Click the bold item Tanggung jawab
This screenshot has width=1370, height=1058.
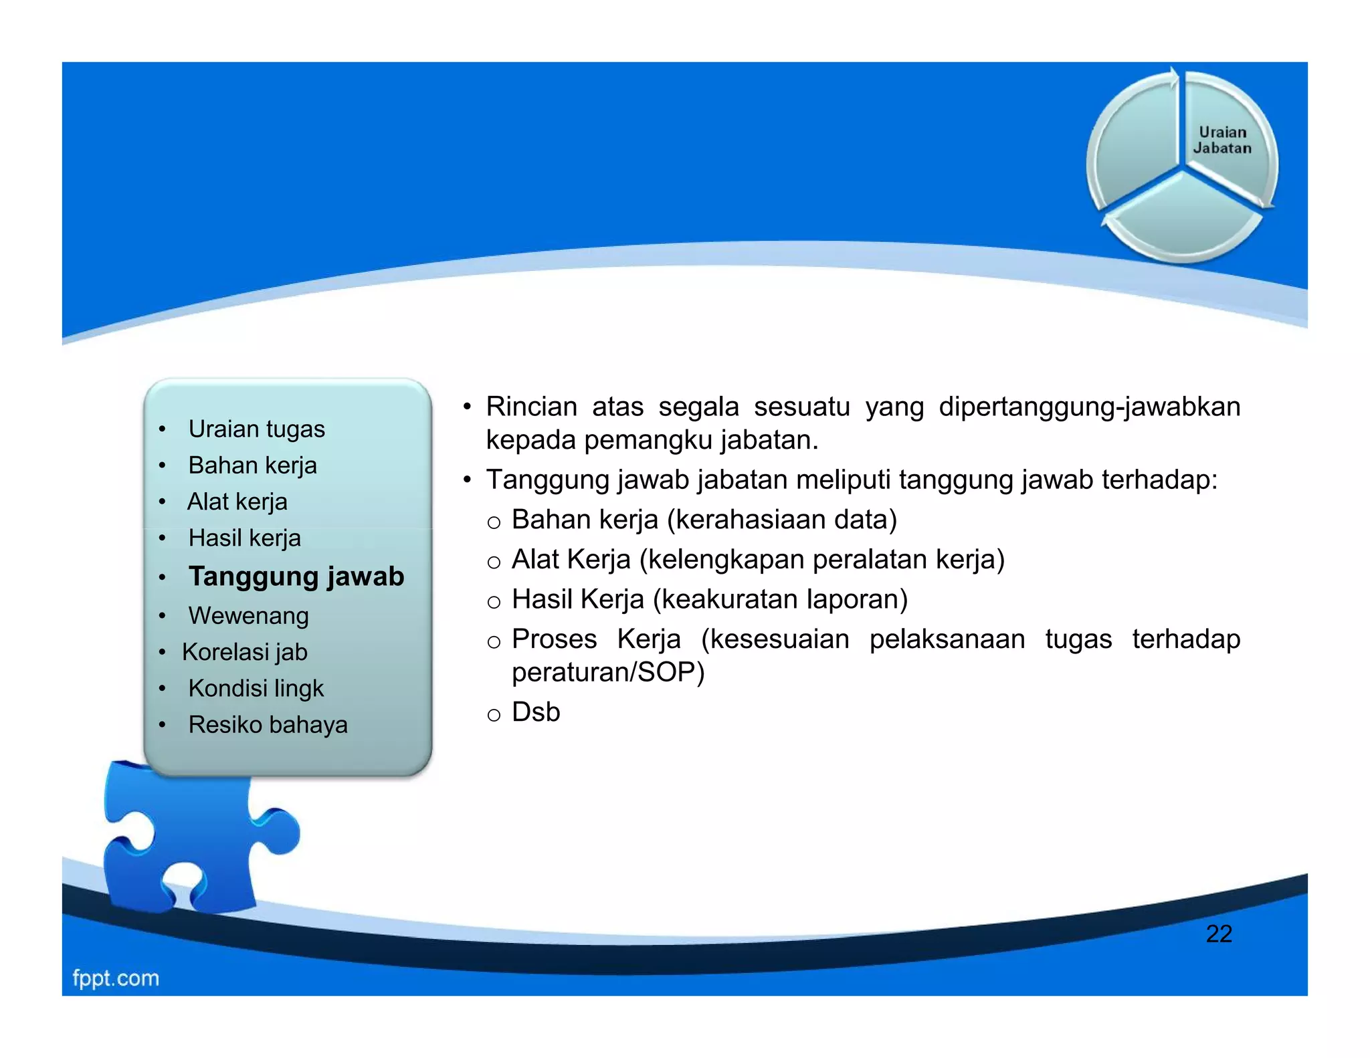point(296,576)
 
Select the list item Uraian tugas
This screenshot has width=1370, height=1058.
point(256,429)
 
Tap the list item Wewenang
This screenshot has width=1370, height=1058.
point(248,615)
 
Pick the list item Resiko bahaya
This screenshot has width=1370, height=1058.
point(268,724)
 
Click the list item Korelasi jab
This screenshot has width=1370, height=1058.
point(244,652)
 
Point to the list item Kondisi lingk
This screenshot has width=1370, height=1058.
point(256,688)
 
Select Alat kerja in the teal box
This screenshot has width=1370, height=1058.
point(237,502)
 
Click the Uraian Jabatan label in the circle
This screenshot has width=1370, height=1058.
point(1221,140)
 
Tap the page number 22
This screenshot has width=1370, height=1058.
point(1218,934)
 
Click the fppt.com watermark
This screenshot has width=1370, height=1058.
point(116,978)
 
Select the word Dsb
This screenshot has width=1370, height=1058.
point(535,712)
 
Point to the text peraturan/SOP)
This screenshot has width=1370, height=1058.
point(607,672)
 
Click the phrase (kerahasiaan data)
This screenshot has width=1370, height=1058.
point(782,520)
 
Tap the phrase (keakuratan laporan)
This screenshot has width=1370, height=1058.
point(780,599)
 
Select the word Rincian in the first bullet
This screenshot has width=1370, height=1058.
point(531,407)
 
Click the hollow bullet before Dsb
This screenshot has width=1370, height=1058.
point(494,716)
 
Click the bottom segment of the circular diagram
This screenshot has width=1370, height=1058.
point(1182,221)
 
